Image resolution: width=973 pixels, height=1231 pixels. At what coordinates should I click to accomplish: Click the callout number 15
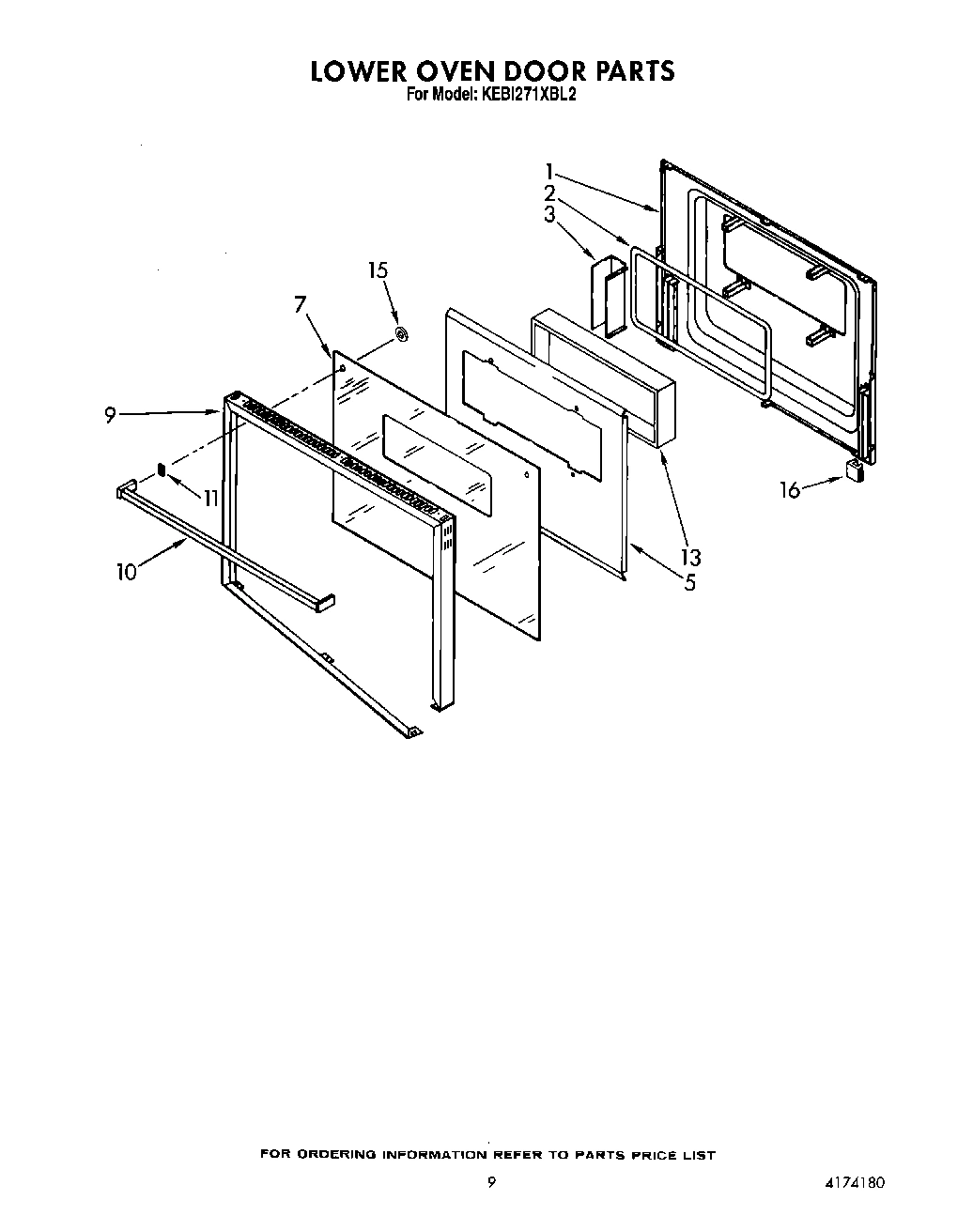pyautogui.click(x=378, y=270)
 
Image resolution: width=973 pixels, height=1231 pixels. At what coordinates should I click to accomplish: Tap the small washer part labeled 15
pyautogui.click(x=401, y=333)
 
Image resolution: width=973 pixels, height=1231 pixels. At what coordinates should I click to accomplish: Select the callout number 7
pyautogui.click(x=300, y=304)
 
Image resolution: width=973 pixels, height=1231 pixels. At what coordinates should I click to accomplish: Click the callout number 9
pyautogui.click(x=111, y=415)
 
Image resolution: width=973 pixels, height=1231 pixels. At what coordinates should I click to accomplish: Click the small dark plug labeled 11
pyautogui.click(x=162, y=469)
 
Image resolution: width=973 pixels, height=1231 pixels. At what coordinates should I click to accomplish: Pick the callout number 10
pyautogui.click(x=127, y=572)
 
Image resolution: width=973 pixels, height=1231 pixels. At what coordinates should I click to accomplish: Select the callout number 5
pyautogui.click(x=690, y=583)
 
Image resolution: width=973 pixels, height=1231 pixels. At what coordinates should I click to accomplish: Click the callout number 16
pyautogui.click(x=790, y=489)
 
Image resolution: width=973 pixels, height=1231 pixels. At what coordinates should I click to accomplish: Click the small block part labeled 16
pyautogui.click(x=854, y=469)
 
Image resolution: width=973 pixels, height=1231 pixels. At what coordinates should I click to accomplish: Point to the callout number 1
pyautogui.click(x=549, y=172)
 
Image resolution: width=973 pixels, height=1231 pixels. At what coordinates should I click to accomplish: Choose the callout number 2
pyautogui.click(x=549, y=193)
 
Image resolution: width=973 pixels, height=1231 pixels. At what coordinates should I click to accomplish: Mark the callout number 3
pyautogui.click(x=549, y=215)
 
